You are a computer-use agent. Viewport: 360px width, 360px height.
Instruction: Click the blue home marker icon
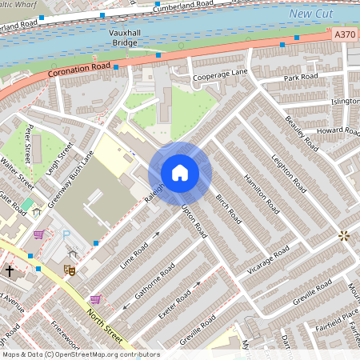[x=180, y=173]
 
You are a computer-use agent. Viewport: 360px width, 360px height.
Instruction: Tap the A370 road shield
[x=345, y=34]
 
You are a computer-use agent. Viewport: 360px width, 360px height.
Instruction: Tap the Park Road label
[x=301, y=77]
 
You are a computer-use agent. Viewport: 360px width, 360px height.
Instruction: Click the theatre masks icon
[x=70, y=271]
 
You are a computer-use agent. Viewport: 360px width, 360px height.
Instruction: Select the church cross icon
[x=10, y=271]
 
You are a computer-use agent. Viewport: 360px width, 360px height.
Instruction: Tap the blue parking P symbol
[x=66, y=234]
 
